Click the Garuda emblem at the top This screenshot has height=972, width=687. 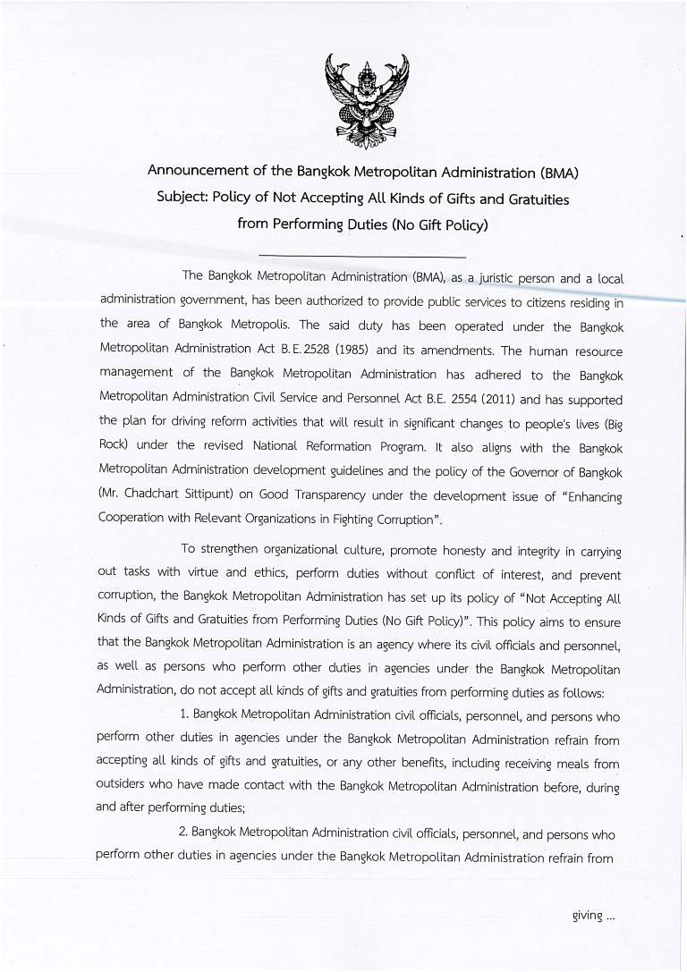pyautogui.click(x=368, y=100)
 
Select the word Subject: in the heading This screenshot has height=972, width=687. pyautogui.click(x=182, y=198)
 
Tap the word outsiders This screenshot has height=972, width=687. pyautogui.click(x=124, y=786)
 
